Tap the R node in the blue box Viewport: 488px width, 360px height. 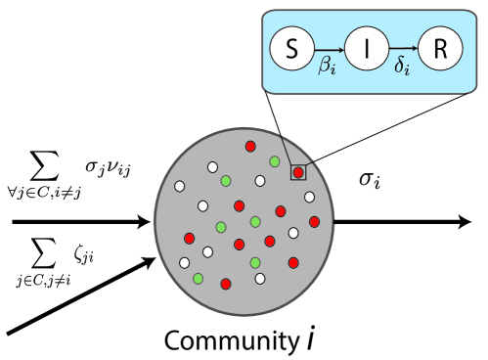pyautogui.click(x=439, y=50)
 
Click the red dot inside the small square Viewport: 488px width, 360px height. pyautogui.click(x=298, y=173)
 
